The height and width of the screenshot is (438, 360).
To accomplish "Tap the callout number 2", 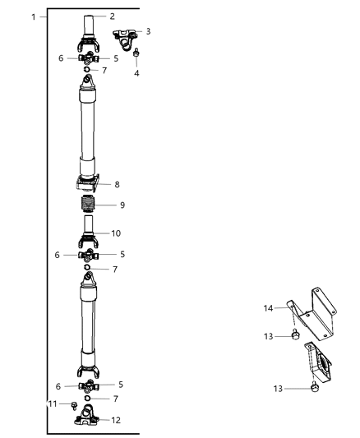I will tap(113, 16).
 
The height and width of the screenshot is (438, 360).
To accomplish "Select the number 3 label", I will tap(148, 31).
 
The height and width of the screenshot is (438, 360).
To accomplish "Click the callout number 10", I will tap(116, 233).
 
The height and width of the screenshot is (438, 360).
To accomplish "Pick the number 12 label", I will tap(116, 419).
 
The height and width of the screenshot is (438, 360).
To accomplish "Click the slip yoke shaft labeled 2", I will tap(89, 33).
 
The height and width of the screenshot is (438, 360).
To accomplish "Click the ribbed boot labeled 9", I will tap(89, 205).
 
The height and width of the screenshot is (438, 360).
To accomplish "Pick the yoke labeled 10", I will tap(89, 237).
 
